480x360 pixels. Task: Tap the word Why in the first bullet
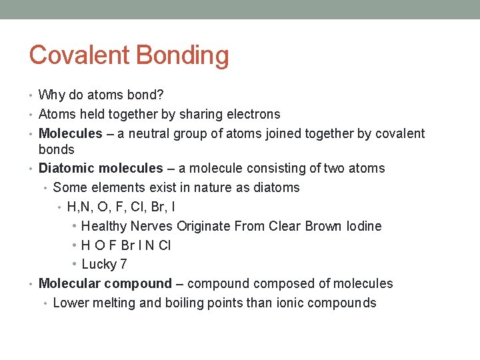(x=51, y=95)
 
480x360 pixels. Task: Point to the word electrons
(x=251, y=114)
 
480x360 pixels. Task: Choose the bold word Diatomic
(x=65, y=168)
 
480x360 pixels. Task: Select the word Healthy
(x=104, y=226)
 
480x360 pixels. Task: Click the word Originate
(x=203, y=226)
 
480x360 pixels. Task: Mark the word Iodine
(x=364, y=226)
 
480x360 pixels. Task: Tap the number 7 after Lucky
(x=123, y=265)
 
